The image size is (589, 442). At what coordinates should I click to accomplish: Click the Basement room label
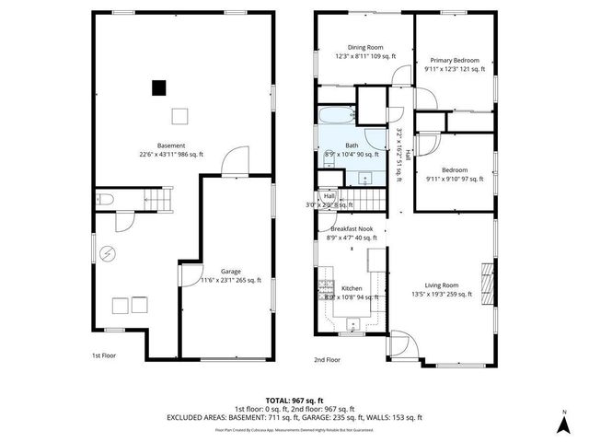171,150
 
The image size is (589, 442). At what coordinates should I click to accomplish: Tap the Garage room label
230,276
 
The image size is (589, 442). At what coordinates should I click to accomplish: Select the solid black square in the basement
159,87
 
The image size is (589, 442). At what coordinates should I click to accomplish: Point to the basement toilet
105,199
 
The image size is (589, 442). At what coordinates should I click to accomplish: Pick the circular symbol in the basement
108,253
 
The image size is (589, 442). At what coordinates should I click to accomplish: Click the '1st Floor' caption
102,355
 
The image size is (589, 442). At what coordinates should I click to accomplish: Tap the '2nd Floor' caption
327,360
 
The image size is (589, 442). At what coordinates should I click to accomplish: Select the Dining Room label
365,52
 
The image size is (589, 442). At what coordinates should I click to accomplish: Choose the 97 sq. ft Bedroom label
454,175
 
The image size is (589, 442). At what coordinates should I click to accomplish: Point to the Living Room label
442,290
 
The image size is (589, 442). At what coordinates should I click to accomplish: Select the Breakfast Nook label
352,233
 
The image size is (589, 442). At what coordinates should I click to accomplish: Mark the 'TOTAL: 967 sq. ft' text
295,401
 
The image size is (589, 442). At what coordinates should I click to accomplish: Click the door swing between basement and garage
235,159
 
